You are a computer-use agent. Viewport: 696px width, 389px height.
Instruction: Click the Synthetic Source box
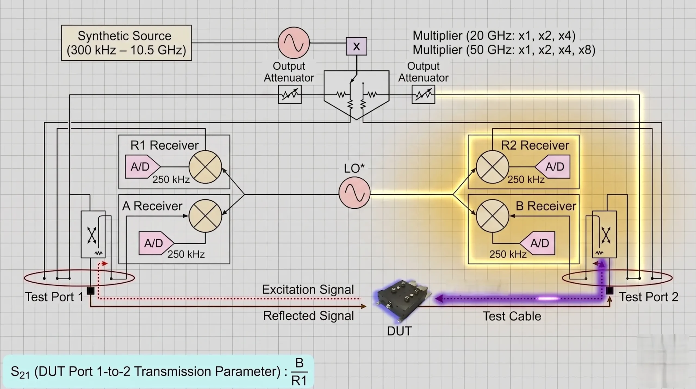point(126,43)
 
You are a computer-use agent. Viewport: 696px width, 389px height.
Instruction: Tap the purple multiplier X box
point(356,47)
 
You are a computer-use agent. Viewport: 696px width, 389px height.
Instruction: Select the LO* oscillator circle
point(354,193)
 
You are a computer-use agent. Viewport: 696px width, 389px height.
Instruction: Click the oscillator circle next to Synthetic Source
point(294,43)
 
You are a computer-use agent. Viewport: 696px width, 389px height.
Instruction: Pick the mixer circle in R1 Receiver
point(205,167)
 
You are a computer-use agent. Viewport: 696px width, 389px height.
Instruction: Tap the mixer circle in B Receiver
point(492,216)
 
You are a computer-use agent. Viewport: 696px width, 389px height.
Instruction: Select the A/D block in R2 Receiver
point(554,166)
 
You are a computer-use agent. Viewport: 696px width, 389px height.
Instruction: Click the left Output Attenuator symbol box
point(290,94)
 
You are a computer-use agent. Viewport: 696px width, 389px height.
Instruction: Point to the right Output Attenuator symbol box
point(423,94)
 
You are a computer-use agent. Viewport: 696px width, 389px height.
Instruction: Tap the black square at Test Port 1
point(91,291)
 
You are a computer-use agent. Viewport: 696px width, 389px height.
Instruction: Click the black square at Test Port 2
point(610,291)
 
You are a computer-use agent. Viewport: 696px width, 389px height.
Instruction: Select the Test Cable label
point(512,316)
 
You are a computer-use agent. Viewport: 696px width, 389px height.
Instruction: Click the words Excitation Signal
point(308,289)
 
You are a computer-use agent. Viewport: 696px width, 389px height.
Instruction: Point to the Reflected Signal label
point(308,316)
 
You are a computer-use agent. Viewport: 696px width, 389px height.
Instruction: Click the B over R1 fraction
point(299,372)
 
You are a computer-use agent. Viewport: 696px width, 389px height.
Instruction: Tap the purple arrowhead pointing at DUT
point(438,299)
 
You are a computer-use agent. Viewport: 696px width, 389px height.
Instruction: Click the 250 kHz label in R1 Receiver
point(171,180)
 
